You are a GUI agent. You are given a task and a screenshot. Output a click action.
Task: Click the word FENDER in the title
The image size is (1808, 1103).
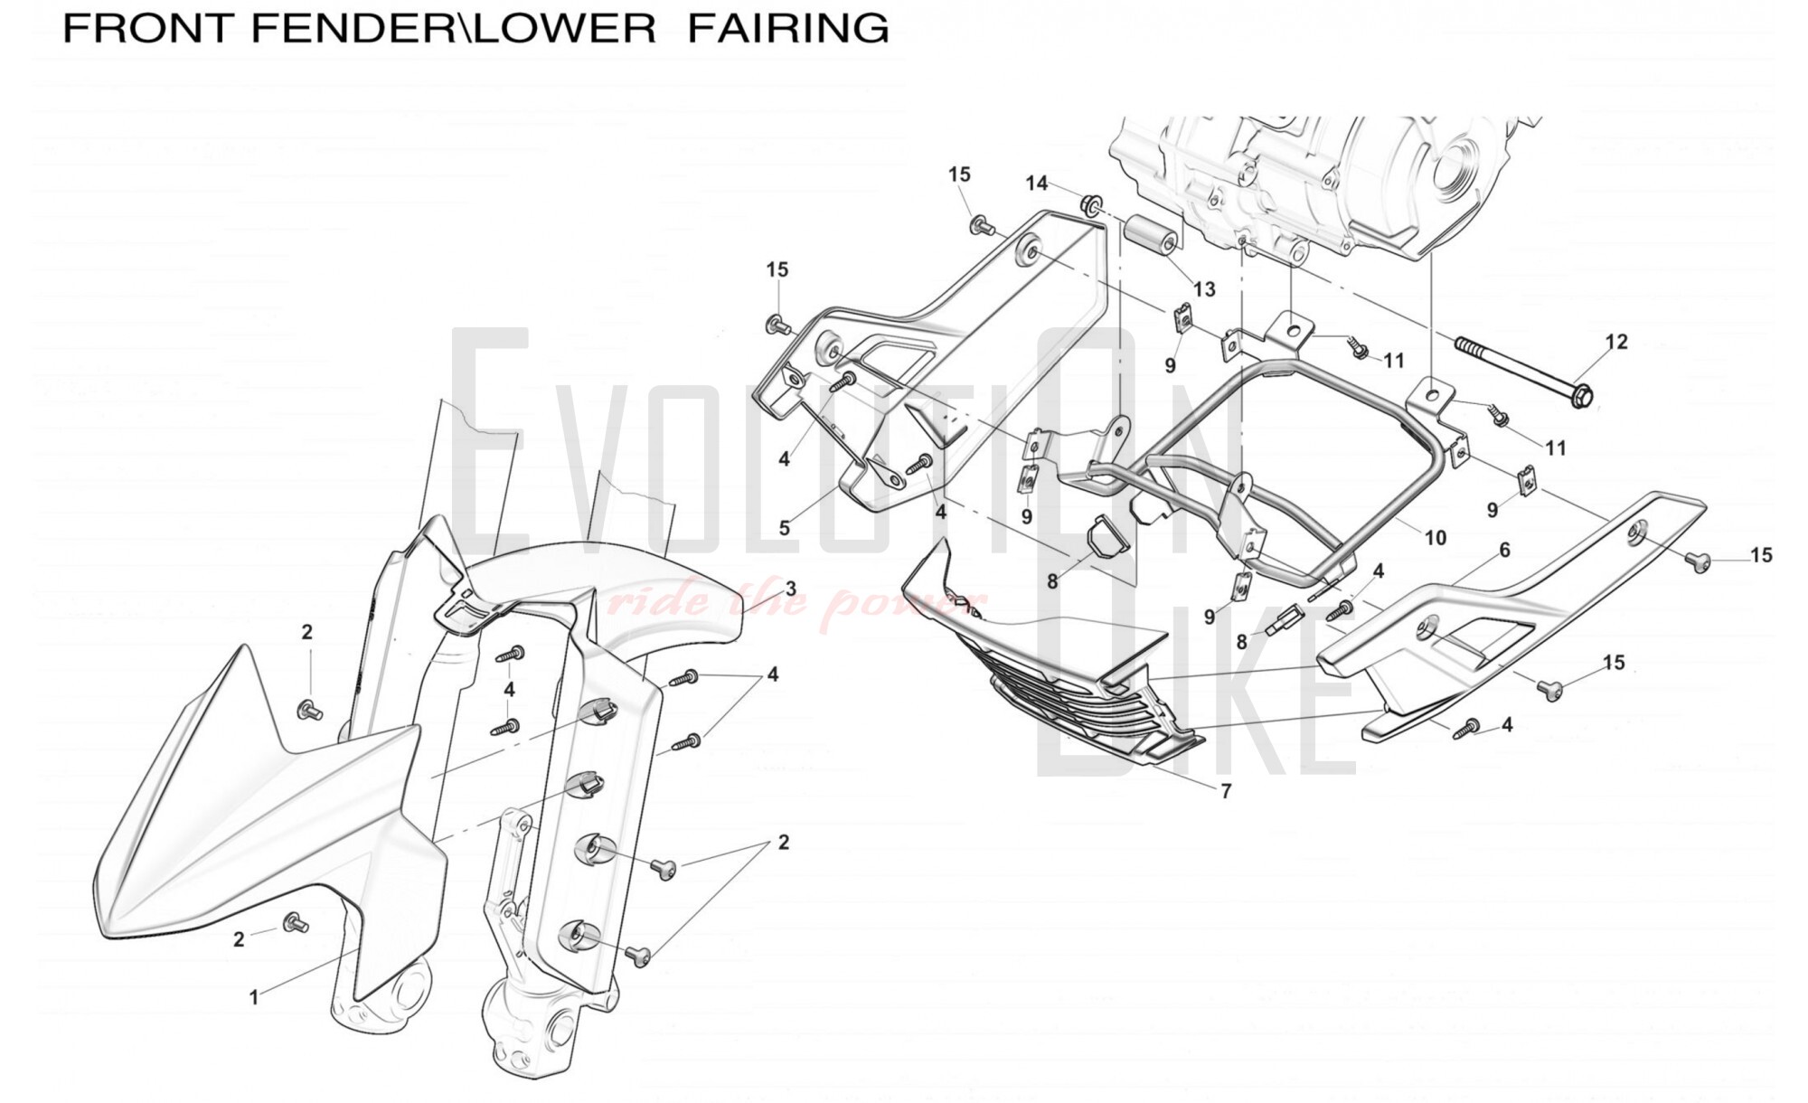(x=358, y=28)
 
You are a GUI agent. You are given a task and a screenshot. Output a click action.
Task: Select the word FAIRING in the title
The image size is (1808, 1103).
(x=788, y=28)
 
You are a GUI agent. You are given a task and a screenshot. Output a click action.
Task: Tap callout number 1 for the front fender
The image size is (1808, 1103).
(x=254, y=997)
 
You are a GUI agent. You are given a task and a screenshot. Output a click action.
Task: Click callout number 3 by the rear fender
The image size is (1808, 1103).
(x=791, y=589)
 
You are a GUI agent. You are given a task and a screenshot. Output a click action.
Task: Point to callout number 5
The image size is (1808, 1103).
(x=785, y=528)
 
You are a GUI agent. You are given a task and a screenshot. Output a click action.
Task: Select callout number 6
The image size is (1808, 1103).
(x=1505, y=550)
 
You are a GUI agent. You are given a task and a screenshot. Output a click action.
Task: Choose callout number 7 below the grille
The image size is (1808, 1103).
(x=1226, y=791)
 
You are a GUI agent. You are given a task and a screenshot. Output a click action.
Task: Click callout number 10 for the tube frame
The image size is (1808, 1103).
(x=1436, y=538)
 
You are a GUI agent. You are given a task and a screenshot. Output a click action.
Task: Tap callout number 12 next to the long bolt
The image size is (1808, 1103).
(x=1616, y=342)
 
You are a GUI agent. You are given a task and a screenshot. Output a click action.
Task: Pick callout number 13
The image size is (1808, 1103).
(x=1204, y=289)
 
